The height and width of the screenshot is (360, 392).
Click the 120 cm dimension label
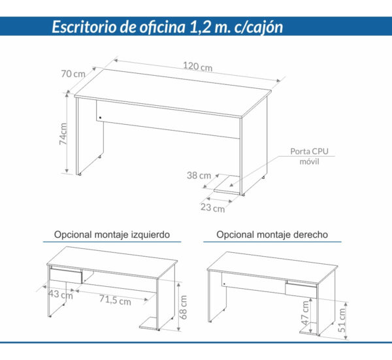[x=197, y=67]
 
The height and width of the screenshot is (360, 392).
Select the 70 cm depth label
[x=73, y=74]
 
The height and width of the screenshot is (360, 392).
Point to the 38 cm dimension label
[x=198, y=175]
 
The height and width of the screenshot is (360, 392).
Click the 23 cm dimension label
[x=213, y=209]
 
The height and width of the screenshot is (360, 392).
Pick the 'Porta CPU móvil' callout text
[x=309, y=157]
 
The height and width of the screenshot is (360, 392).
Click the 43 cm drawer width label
[x=60, y=295]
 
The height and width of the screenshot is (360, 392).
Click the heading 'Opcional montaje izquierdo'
[x=112, y=234]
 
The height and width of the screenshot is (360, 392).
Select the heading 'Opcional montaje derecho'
[x=272, y=234]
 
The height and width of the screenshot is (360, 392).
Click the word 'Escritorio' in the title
[x=86, y=27]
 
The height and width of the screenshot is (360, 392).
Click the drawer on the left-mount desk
[x=67, y=276]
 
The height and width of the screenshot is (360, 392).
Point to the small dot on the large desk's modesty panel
[x=101, y=118]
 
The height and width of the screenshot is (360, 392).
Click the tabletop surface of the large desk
[x=176, y=91]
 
